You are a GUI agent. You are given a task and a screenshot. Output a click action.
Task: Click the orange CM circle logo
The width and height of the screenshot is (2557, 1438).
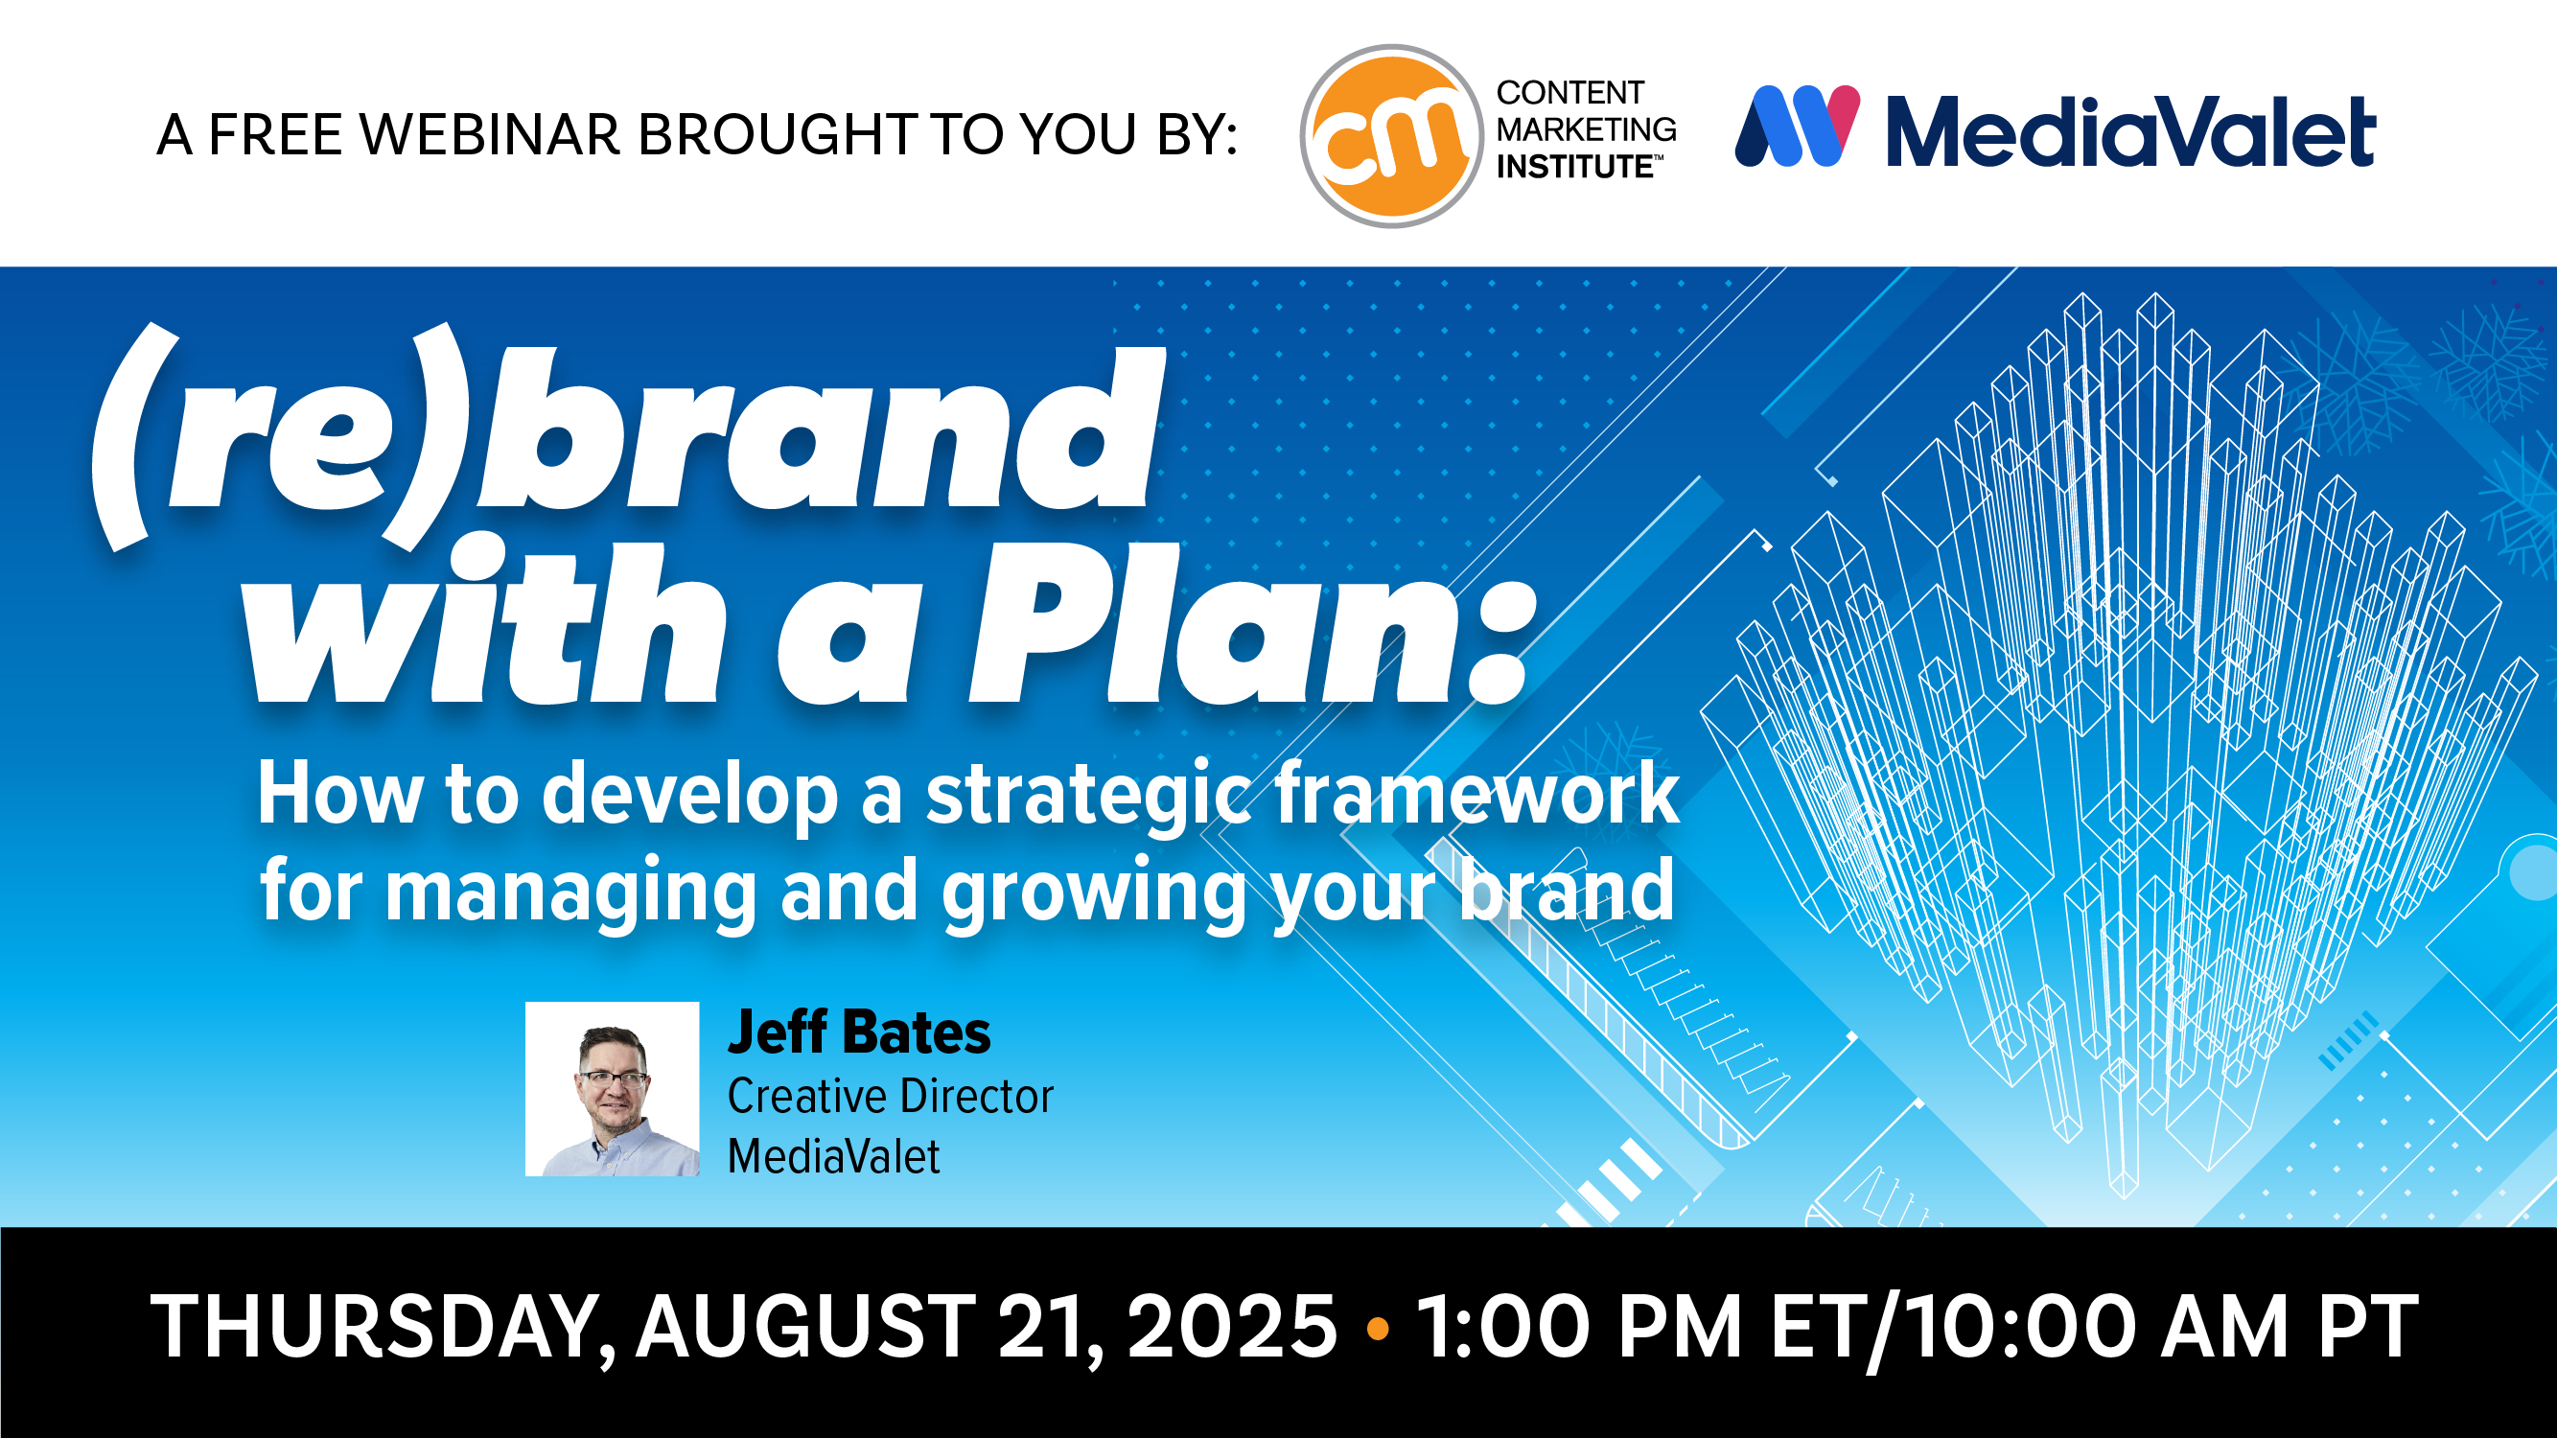(1392, 136)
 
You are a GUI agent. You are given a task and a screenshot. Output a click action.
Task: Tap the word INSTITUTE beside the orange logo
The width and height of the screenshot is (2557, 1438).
(1574, 167)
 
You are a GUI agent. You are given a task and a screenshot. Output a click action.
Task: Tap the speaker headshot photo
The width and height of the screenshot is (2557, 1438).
(612, 1089)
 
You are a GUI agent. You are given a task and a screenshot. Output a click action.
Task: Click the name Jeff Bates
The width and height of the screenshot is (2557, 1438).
(859, 1032)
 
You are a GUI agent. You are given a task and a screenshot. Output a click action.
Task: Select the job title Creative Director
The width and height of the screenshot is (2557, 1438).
(891, 1097)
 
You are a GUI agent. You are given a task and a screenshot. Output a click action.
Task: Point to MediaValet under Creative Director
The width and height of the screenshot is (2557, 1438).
(833, 1157)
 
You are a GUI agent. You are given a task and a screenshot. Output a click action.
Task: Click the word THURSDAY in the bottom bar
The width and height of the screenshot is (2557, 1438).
(383, 1327)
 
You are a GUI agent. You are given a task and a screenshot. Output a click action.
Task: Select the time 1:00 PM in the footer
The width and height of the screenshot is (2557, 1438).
(1578, 1327)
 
